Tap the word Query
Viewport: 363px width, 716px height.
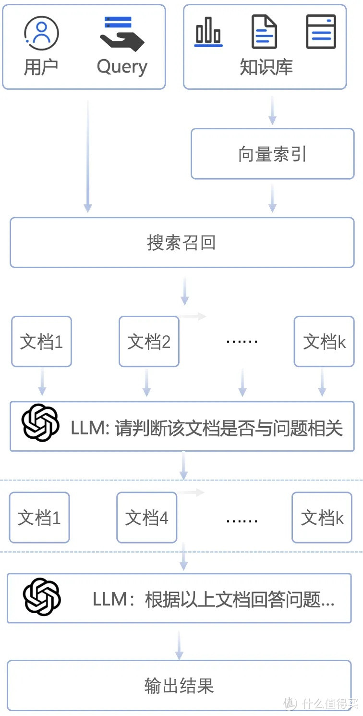(x=122, y=66)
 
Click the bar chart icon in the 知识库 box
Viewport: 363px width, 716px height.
(x=208, y=32)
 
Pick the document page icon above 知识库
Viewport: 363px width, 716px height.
(x=265, y=32)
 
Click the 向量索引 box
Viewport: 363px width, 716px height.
(x=272, y=154)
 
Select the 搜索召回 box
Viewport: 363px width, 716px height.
(x=181, y=242)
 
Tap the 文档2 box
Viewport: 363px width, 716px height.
(x=149, y=342)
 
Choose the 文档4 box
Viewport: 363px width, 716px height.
(x=147, y=518)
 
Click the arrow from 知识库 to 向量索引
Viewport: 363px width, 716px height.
(x=272, y=110)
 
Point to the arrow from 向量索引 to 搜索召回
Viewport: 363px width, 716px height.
(x=272, y=198)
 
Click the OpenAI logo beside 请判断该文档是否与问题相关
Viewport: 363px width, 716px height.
(x=40, y=423)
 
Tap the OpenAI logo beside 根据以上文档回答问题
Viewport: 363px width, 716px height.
(x=42, y=596)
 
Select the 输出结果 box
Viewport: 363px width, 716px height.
(x=179, y=686)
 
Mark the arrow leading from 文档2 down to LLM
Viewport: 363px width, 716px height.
(x=147, y=382)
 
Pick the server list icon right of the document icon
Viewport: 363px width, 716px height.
(x=321, y=32)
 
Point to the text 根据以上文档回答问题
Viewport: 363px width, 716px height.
(x=239, y=600)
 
